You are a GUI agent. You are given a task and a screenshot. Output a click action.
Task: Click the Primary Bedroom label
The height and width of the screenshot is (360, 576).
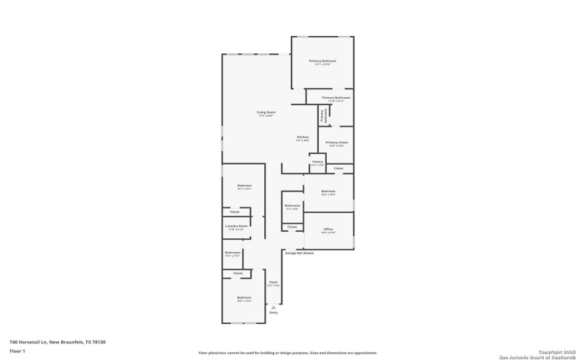[323, 61]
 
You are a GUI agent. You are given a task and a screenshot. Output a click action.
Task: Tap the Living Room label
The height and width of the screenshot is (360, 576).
[266, 112]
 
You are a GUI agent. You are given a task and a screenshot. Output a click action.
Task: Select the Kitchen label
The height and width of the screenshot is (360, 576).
[303, 138]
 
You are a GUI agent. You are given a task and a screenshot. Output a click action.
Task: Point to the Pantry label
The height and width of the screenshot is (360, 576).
[318, 162]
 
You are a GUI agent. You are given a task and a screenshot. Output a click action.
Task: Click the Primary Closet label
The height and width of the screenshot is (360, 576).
[336, 143]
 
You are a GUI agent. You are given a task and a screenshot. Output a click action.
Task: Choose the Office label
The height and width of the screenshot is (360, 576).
[328, 229]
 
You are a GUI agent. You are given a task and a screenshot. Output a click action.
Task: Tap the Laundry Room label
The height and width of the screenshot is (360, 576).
[236, 226]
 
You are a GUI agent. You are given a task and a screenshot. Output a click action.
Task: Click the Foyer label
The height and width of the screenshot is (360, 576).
[273, 282]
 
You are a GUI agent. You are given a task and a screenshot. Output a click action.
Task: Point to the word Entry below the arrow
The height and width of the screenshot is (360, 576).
[273, 312]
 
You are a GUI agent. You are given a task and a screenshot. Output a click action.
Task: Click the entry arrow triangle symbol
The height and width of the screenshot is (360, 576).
[273, 307]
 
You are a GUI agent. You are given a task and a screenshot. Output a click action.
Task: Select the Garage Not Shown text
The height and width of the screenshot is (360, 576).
[300, 253]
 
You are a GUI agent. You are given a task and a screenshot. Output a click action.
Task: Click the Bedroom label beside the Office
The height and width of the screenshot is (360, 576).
[328, 191]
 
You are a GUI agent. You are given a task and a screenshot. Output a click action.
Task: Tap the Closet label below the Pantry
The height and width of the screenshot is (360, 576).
[338, 168]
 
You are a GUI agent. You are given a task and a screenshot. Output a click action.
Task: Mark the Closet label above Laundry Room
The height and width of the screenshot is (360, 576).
[235, 212]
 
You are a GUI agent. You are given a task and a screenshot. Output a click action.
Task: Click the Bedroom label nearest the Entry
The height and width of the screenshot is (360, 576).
[245, 297]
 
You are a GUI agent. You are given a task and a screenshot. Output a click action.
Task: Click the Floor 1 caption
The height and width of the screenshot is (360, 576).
[17, 351]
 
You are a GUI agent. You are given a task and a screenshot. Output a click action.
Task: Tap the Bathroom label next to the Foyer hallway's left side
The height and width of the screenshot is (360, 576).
[233, 253]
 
